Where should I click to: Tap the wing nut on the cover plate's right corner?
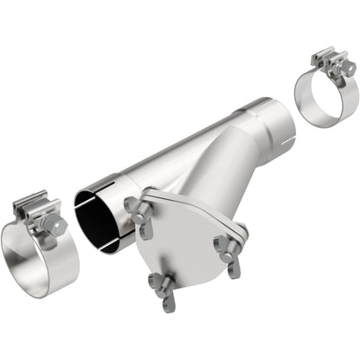click(229, 244)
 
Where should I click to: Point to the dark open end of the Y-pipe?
click(98, 221)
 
